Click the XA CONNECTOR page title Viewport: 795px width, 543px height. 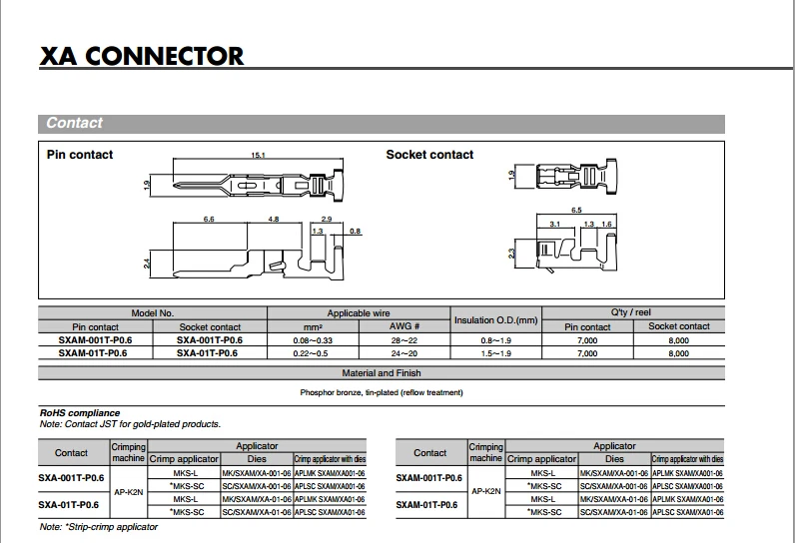click(x=141, y=55)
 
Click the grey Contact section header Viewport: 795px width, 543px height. click(x=75, y=123)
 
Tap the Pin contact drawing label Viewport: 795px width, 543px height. click(x=80, y=155)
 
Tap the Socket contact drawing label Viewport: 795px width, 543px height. click(x=429, y=155)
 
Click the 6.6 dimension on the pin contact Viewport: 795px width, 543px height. click(x=210, y=218)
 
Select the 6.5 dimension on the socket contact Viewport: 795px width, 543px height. click(x=576, y=211)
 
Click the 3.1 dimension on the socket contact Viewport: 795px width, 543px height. click(x=555, y=225)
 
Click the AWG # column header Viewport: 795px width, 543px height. click(x=403, y=326)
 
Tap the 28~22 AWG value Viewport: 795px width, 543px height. click(x=403, y=339)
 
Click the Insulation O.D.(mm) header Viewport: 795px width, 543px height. click(x=495, y=319)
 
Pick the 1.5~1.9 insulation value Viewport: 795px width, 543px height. click(x=495, y=353)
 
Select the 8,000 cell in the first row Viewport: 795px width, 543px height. click(x=678, y=339)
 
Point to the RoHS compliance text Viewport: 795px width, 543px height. click(x=80, y=412)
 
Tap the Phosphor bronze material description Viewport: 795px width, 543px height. click(x=382, y=392)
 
